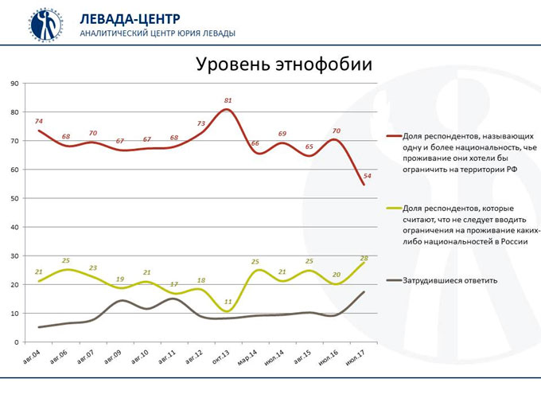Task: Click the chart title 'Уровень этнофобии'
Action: (284, 64)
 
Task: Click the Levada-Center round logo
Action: (46, 25)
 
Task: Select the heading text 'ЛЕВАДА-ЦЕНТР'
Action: (130, 18)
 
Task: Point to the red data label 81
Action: (228, 101)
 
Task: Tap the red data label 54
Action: (367, 175)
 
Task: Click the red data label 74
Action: (38, 120)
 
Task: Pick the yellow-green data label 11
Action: (228, 302)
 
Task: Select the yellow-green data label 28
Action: (364, 258)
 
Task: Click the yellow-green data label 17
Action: (174, 284)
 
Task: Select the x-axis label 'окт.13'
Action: (222, 355)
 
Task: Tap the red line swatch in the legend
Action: (391, 136)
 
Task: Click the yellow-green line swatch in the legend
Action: (391, 208)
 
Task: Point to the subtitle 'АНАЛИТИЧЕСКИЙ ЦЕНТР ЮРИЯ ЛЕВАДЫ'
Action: (157, 33)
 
